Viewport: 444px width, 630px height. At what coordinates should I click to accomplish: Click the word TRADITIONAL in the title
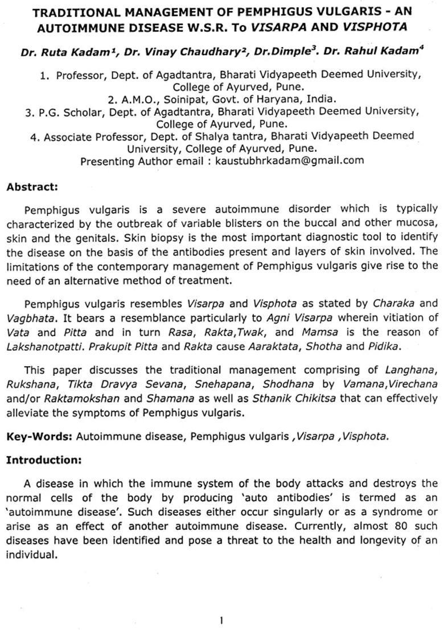(x=69, y=12)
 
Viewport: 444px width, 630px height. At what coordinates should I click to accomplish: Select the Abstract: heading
(x=32, y=186)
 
